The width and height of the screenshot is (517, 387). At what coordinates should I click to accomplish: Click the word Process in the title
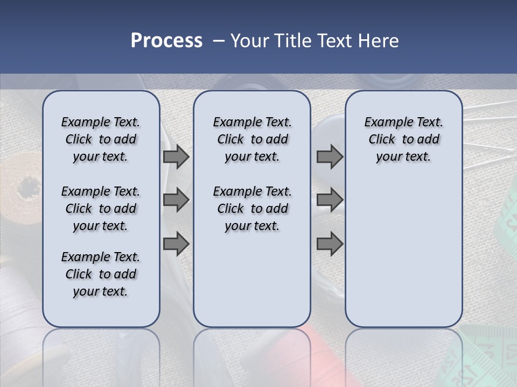pos(166,40)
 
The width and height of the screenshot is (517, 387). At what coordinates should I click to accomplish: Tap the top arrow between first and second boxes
pos(176,157)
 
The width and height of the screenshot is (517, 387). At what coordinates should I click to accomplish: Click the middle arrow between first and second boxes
pos(176,200)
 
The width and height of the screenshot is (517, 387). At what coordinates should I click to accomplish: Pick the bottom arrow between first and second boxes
pos(176,243)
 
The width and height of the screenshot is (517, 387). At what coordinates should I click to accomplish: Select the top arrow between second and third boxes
pos(330,157)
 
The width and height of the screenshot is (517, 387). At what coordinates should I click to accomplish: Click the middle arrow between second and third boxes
pos(330,200)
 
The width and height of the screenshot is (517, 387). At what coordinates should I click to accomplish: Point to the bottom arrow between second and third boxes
pos(330,243)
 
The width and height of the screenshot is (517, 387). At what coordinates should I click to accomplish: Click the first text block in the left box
pos(101,139)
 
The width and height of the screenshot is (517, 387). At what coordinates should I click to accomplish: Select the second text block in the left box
pos(101,209)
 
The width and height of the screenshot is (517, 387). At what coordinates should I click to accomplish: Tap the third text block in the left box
pos(101,274)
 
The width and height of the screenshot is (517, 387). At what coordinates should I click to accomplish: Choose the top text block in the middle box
pos(252,139)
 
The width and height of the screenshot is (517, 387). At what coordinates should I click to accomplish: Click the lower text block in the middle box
pos(252,209)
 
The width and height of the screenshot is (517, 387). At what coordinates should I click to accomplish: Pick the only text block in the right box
pos(403,139)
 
